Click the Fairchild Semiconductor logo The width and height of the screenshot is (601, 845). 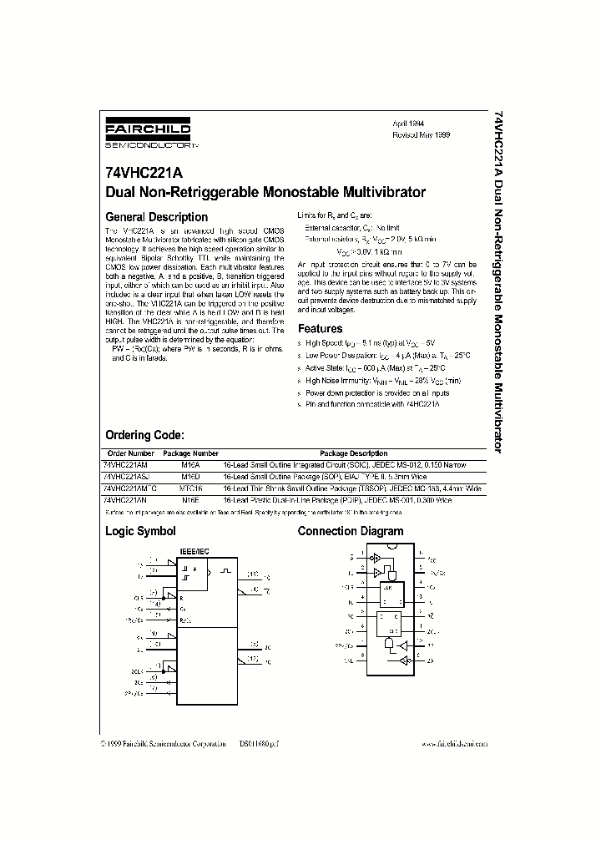pos(154,133)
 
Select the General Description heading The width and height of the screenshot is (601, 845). pos(156,217)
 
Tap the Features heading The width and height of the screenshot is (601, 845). pos(321,329)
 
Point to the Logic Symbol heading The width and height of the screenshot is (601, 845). pos(139,531)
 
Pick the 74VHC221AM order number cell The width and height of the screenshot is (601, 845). pos(125,463)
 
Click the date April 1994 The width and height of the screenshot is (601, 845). pos(410,123)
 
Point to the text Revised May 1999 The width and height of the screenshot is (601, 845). pos(422,134)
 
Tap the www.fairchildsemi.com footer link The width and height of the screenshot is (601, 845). pos(455,742)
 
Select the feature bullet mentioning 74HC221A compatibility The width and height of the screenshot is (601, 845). pos(372,403)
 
